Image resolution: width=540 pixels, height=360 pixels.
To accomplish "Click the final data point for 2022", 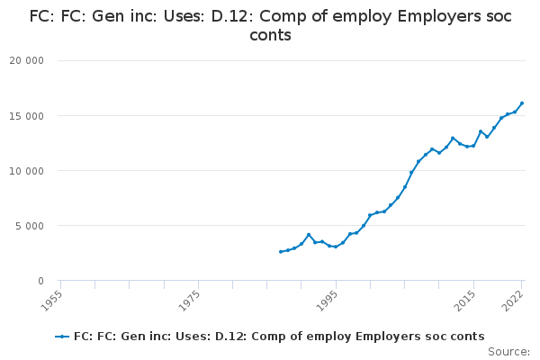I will [522, 103].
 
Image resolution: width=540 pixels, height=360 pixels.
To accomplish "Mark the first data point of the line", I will [281, 252].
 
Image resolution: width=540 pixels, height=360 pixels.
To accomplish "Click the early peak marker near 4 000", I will [309, 235].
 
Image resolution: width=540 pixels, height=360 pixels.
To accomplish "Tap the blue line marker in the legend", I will [62, 337].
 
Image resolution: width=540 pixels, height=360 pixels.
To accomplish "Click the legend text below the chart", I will [279, 337].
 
